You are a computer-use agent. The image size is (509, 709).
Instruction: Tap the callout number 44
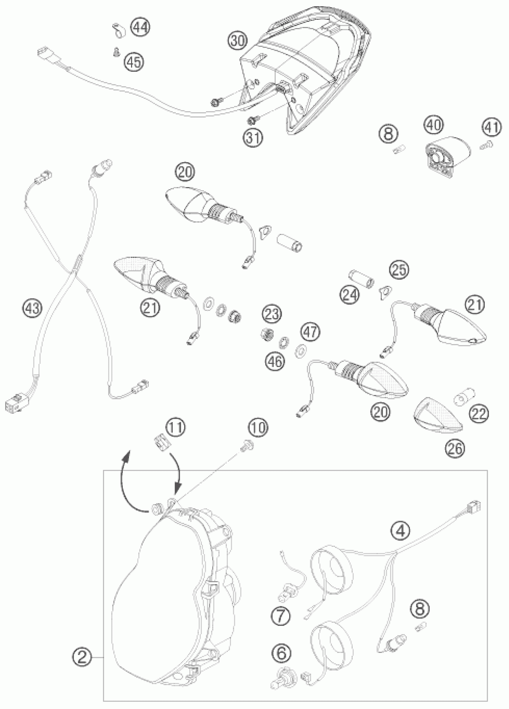140,27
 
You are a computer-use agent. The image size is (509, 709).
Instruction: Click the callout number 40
434,125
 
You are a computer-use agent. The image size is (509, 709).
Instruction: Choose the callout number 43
33,308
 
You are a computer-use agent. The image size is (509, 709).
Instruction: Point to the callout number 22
479,414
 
